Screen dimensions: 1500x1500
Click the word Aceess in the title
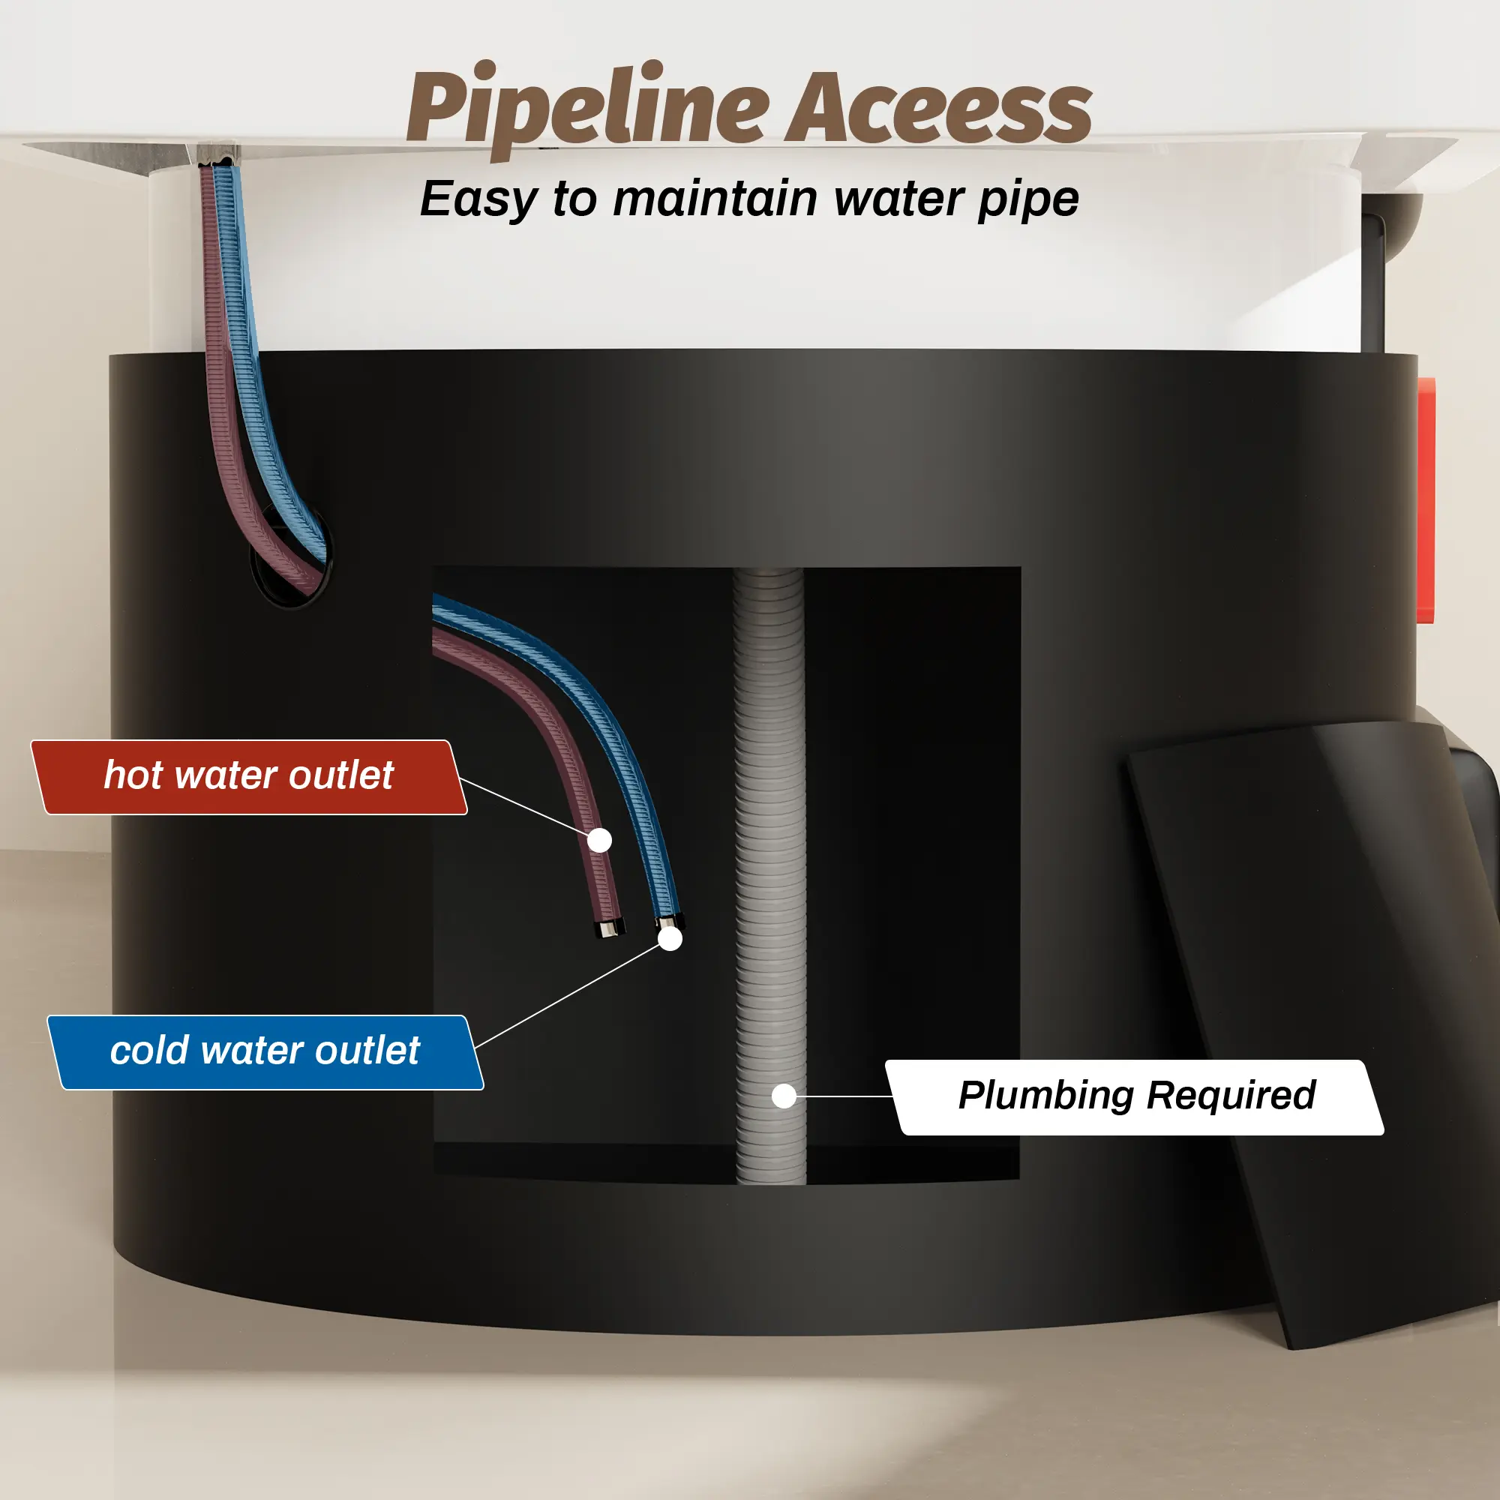(940, 109)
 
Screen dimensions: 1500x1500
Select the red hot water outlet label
(248, 777)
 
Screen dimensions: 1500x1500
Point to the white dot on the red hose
(599, 840)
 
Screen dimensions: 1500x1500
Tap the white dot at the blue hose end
(670, 939)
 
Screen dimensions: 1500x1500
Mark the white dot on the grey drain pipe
(784, 1096)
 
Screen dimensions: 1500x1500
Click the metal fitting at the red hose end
(610, 928)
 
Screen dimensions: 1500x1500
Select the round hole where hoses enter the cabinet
(291, 555)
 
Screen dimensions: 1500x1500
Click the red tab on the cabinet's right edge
(1426, 501)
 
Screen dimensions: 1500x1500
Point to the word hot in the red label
(133, 775)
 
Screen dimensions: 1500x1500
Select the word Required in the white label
(1231, 1096)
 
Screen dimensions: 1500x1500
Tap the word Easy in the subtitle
(478, 199)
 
